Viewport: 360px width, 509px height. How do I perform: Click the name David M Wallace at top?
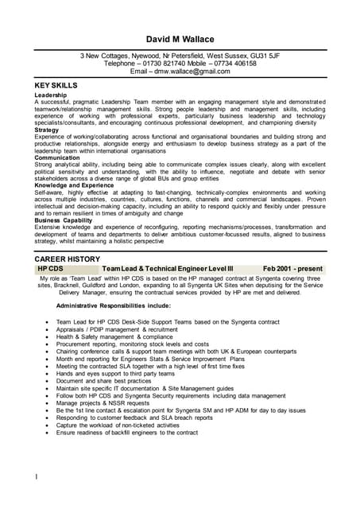point(180,39)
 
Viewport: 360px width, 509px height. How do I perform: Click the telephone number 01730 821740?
point(161,64)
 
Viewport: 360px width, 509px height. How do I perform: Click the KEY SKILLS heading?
point(56,84)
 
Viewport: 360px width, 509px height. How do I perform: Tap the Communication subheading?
point(57,157)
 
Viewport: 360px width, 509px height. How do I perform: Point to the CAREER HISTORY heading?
point(68,260)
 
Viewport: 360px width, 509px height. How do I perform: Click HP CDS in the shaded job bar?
point(50,270)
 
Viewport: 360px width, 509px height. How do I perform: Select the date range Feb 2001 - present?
point(292,270)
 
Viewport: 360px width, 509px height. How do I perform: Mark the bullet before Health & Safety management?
point(48,337)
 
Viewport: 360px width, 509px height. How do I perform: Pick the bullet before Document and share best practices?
point(48,381)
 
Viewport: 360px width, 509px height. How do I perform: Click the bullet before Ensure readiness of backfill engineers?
point(48,433)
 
